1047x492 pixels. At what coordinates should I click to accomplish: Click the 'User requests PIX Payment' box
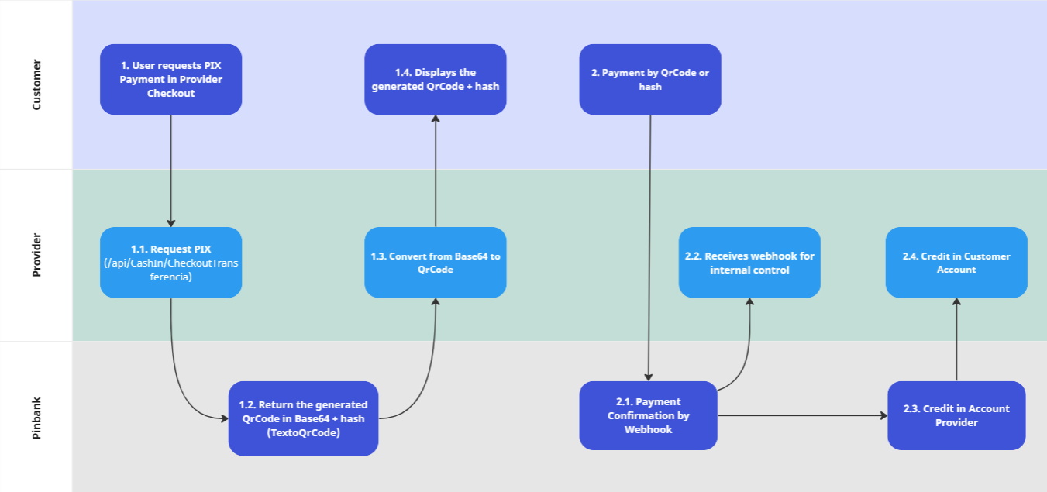[170, 79]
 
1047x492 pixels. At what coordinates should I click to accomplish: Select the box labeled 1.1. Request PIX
[170, 262]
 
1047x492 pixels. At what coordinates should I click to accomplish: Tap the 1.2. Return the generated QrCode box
[303, 418]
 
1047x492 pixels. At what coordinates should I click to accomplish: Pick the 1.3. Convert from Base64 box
[435, 262]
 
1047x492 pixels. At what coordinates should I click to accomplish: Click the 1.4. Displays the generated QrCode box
[435, 79]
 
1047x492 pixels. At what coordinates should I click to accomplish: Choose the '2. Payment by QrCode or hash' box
[649, 79]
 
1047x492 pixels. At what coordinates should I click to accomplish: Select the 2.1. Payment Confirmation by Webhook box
[648, 415]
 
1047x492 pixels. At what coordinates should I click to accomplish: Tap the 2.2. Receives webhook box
[749, 262]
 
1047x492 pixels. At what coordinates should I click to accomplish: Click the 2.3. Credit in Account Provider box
[956, 415]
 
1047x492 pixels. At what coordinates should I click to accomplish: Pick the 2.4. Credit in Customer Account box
[956, 262]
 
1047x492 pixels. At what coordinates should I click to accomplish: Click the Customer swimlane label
[36, 84]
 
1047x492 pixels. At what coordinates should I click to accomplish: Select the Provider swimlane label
[36, 255]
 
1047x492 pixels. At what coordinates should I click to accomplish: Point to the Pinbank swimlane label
[36, 417]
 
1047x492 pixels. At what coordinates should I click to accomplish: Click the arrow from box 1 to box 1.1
[170, 170]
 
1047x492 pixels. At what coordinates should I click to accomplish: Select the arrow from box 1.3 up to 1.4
[436, 170]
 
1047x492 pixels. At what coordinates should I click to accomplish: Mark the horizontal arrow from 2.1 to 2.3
[802, 416]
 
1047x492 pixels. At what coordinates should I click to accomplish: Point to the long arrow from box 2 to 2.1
[649, 248]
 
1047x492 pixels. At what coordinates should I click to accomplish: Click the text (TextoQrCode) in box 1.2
[303, 433]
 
